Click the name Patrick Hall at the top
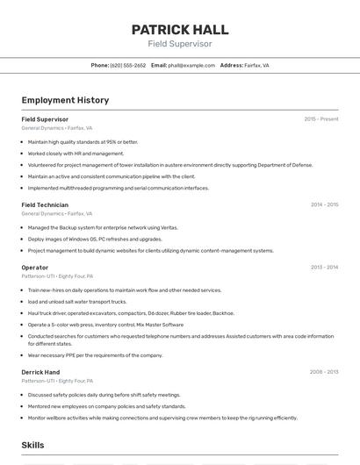tap(179, 29)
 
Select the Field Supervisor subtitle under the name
tap(179, 43)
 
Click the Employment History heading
tap(65, 100)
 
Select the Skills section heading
tap(32, 446)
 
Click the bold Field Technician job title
tap(45, 204)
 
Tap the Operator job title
tap(34, 267)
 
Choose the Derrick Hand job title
tap(40, 372)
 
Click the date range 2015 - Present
tap(320, 119)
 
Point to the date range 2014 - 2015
tap(324, 204)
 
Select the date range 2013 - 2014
tap(324, 267)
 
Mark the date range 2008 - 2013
tap(324, 372)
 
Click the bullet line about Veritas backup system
tap(103, 227)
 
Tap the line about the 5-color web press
tap(105, 325)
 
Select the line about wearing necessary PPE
tap(95, 355)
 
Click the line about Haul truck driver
tap(131, 313)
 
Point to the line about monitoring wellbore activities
tap(162, 418)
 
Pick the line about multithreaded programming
tap(119, 188)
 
